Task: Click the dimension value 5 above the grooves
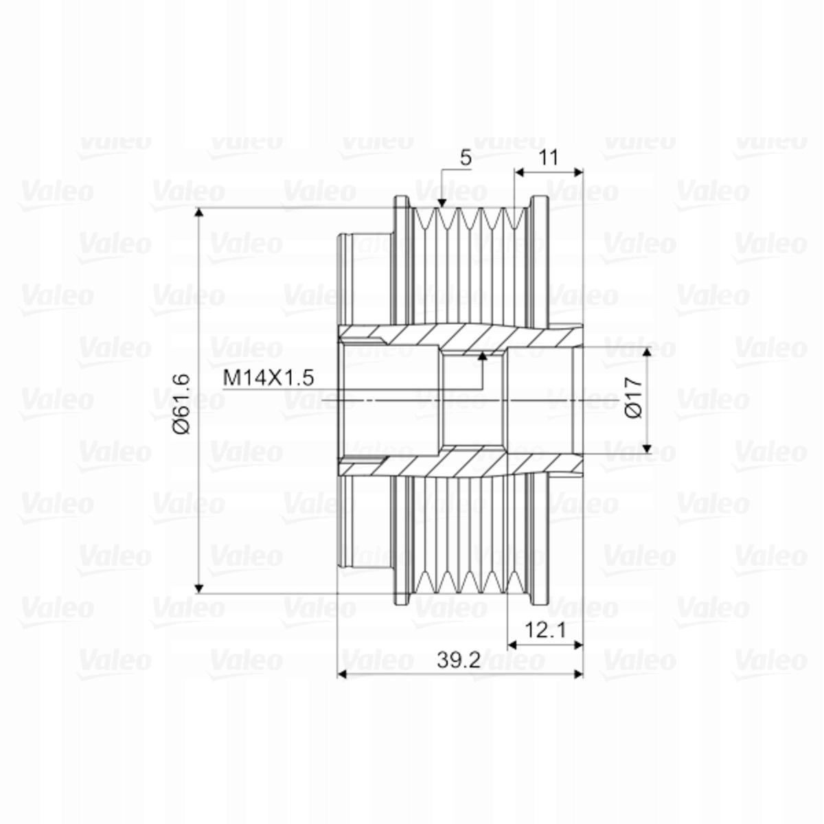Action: click(x=466, y=158)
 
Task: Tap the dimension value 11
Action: click(x=548, y=158)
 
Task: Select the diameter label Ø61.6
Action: click(x=181, y=404)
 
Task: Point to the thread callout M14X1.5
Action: click(x=268, y=378)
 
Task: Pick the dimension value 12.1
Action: click(x=545, y=630)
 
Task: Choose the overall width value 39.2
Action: click(x=459, y=661)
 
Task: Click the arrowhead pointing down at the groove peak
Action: click(x=442, y=203)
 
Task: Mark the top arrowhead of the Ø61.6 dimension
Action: click(x=199, y=213)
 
